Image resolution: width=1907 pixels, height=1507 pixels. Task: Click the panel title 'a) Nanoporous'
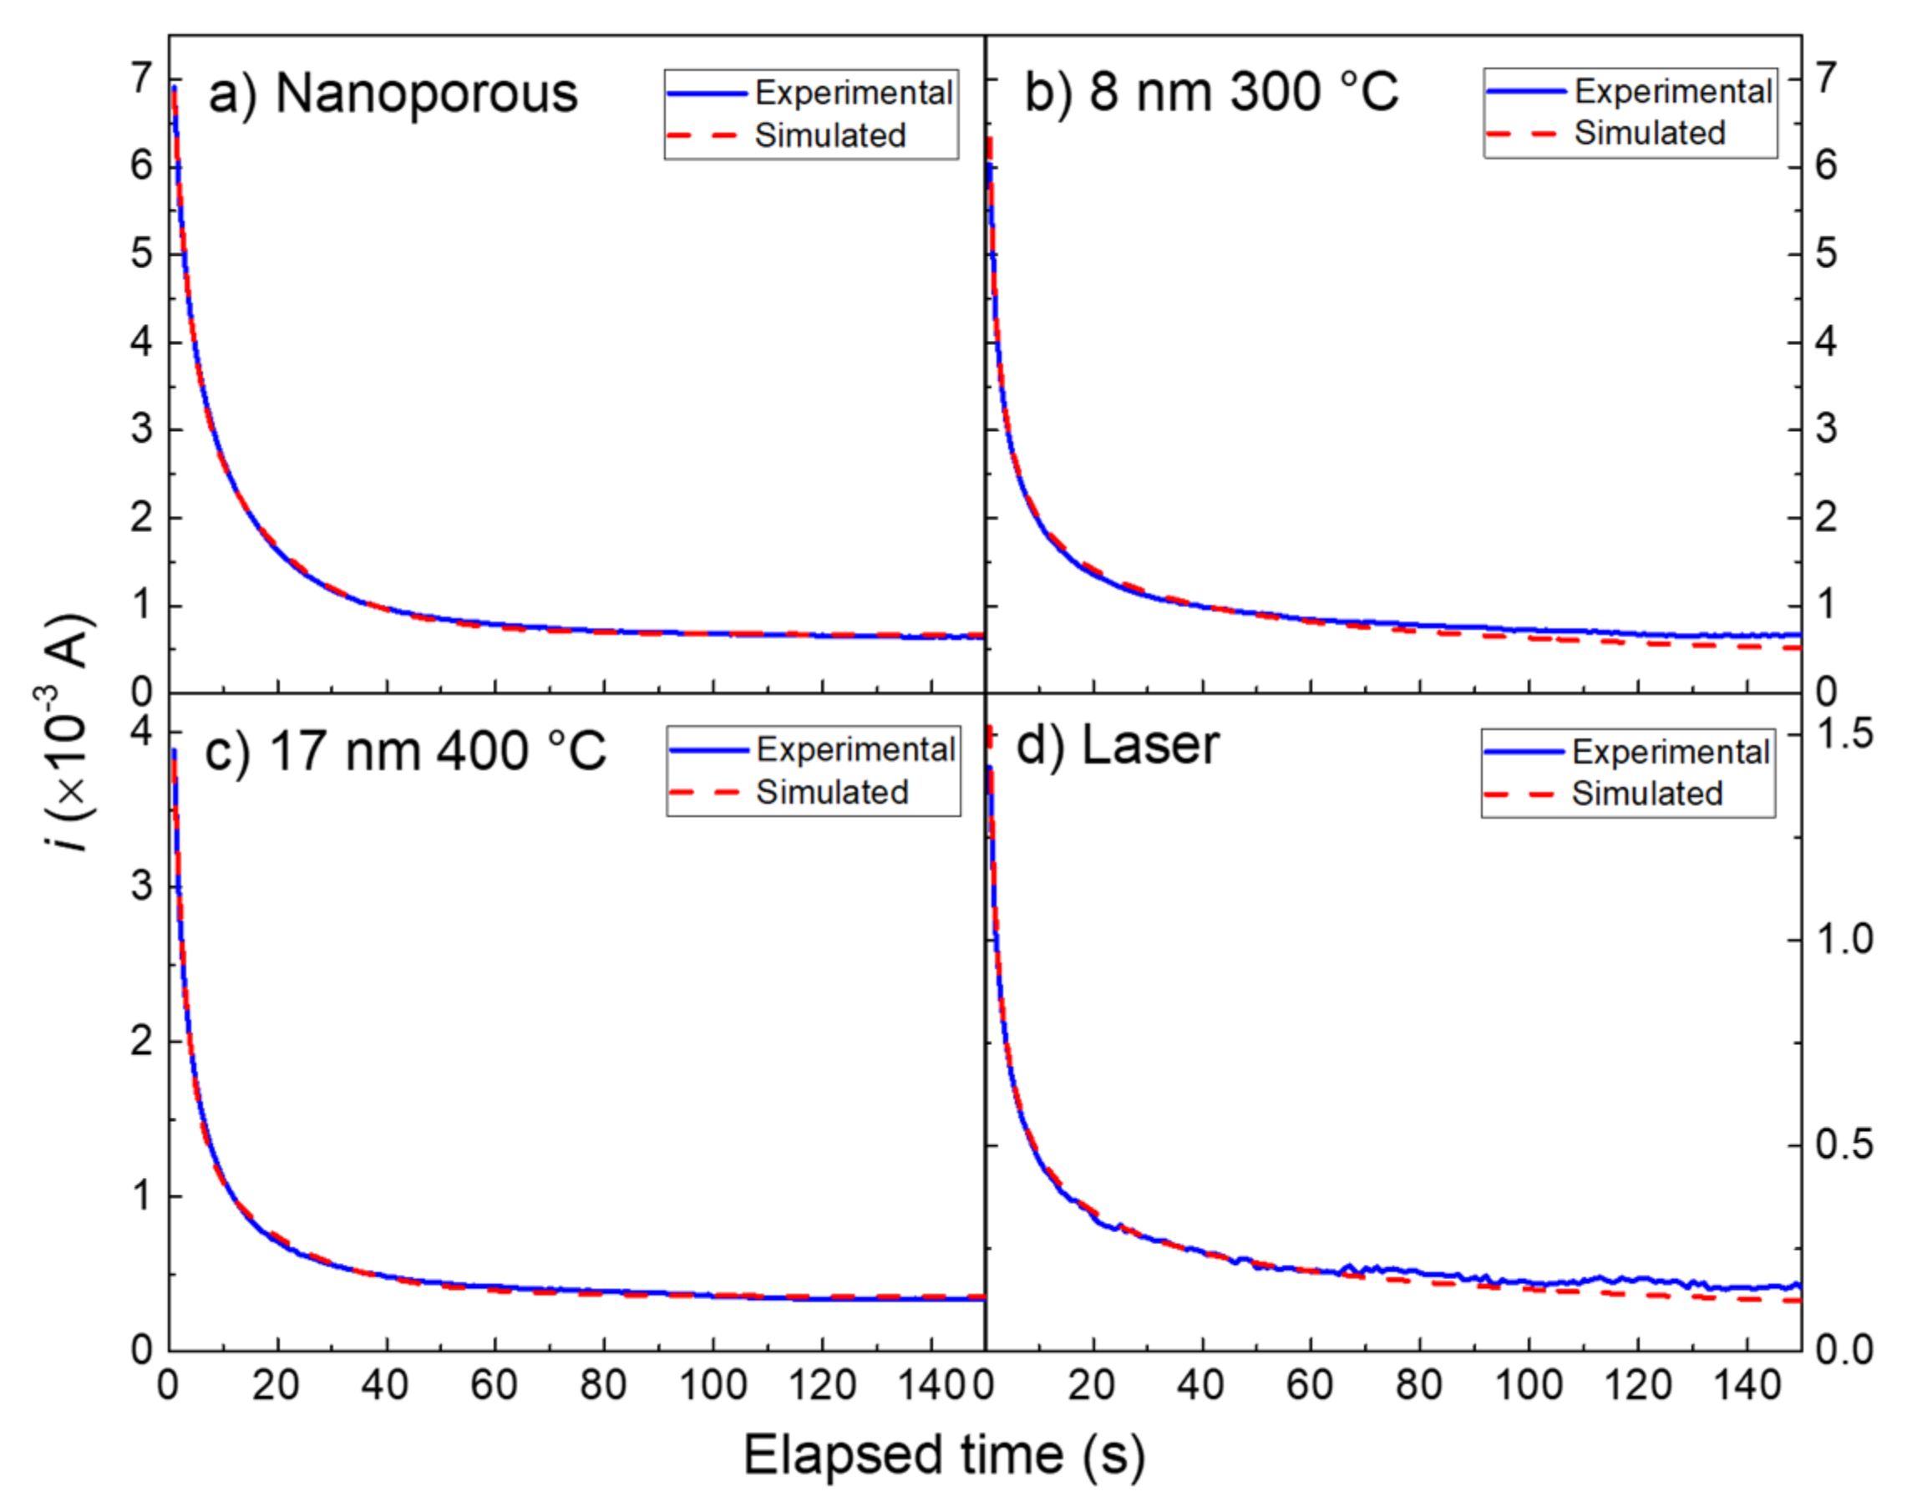pos(393,94)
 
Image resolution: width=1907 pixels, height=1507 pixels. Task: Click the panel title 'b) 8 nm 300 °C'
pos(1211,91)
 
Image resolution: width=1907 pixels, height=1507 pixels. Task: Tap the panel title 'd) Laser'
pos(1118,744)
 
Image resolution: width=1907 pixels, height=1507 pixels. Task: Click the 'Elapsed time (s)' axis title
pos(944,1455)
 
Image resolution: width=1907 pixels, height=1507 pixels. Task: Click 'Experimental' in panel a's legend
pos(853,94)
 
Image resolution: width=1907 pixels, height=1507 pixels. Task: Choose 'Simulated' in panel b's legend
pos(1650,133)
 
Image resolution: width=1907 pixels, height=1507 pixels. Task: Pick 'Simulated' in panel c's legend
pos(832,792)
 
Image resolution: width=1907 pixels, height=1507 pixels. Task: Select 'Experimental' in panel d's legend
pos(1670,752)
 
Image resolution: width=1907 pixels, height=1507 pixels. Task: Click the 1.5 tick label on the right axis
pos(1844,734)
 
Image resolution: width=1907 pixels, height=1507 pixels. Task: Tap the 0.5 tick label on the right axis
pos(1844,1145)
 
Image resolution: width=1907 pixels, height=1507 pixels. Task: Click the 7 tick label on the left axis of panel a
pos(141,79)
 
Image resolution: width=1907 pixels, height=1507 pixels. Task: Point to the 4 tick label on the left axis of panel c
pos(141,732)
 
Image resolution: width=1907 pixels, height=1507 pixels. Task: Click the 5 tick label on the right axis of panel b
pos(1826,254)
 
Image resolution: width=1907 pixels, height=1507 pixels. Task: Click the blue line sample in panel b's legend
pos(1525,91)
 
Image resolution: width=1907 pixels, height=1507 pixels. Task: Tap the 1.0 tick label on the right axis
pos(1844,940)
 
